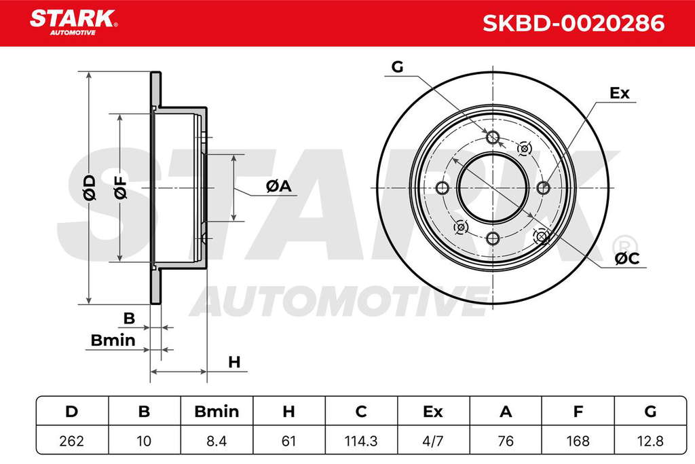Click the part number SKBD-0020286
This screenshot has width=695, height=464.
coord(573,23)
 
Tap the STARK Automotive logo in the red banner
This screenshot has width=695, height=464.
coord(73,22)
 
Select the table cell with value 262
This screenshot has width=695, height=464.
coord(72,441)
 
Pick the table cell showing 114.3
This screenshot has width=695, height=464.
coord(361,441)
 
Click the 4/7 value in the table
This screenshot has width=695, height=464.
coord(432,441)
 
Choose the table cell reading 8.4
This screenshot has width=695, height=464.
coord(217,441)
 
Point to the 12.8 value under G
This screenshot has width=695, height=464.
coord(650,441)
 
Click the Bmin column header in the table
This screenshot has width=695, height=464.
coord(217,412)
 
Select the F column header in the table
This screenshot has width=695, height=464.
coord(578,412)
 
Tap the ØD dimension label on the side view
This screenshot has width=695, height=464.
coord(90,188)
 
